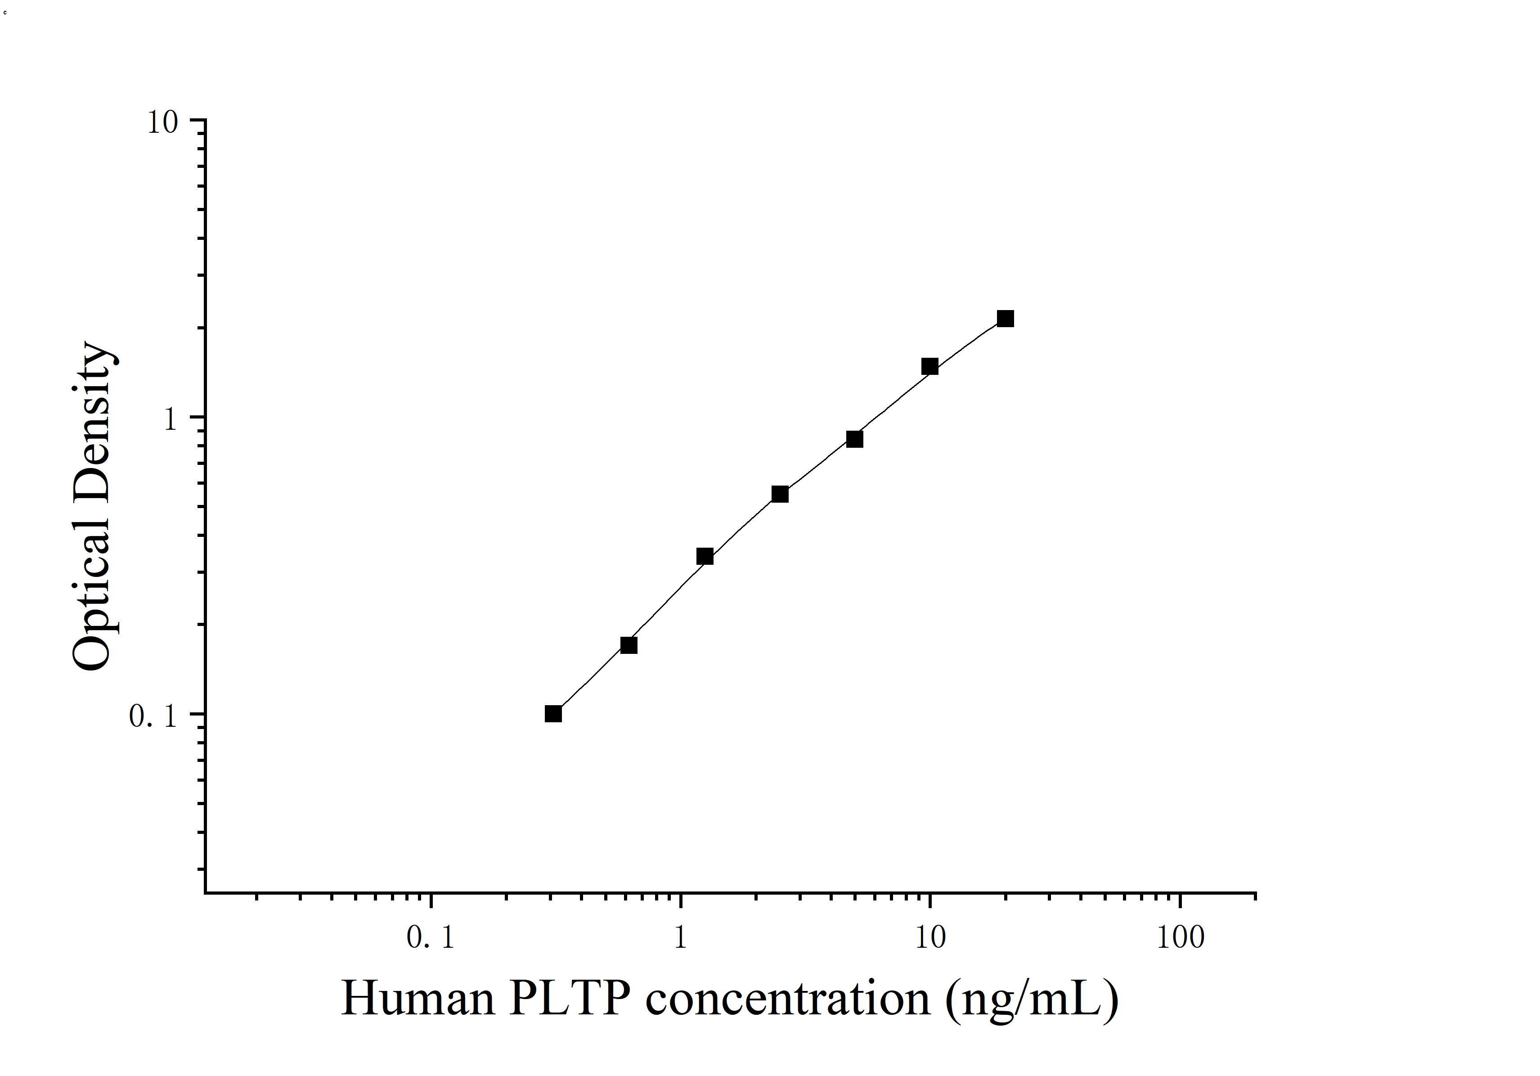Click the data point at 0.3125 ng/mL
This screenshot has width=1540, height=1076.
click(553, 714)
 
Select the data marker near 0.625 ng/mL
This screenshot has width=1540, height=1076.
click(629, 645)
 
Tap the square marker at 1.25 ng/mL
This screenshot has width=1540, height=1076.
click(705, 557)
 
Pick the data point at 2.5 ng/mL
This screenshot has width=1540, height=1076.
click(780, 495)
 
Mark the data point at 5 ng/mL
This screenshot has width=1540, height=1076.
click(854, 439)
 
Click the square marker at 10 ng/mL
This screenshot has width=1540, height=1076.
click(929, 366)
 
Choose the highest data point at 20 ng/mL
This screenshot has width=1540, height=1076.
click(1006, 319)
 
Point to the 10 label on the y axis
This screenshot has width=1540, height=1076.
click(163, 123)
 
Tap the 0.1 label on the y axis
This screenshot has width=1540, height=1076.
click(153, 716)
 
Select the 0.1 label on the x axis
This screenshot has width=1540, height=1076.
click(431, 937)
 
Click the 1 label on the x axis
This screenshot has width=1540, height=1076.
click(681, 937)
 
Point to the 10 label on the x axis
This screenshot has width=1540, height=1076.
click(930, 937)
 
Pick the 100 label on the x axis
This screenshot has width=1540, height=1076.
click(1181, 937)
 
